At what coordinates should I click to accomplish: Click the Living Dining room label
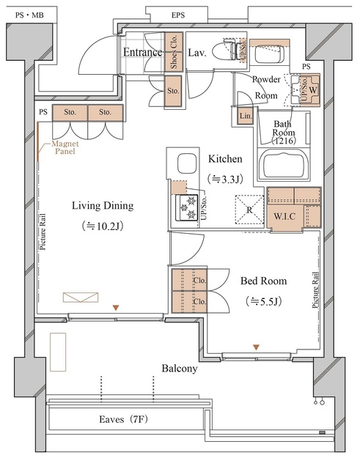click(x=103, y=206)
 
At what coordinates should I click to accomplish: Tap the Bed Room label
click(x=263, y=281)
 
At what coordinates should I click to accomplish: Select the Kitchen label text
click(x=225, y=159)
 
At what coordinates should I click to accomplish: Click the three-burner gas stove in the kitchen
click(x=187, y=207)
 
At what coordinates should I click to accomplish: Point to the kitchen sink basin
click(x=187, y=163)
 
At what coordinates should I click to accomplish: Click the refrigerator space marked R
click(x=249, y=210)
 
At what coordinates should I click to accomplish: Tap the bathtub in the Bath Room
click(x=283, y=166)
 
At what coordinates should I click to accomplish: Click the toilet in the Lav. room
click(x=229, y=50)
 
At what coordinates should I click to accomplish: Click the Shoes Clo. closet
click(x=174, y=52)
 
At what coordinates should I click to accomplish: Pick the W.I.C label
click(x=284, y=216)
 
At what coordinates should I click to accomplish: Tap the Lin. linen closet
click(x=246, y=116)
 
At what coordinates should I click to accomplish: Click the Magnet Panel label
click(x=65, y=147)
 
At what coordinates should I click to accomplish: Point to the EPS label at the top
click(x=178, y=15)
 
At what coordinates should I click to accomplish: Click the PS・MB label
click(x=29, y=15)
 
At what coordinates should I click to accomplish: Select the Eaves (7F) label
click(x=123, y=419)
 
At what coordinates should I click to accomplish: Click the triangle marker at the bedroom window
click(x=256, y=347)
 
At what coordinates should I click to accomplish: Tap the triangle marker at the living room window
click(x=116, y=308)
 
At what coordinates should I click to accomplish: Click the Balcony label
click(x=179, y=368)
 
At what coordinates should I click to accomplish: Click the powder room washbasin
click(x=269, y=53)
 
